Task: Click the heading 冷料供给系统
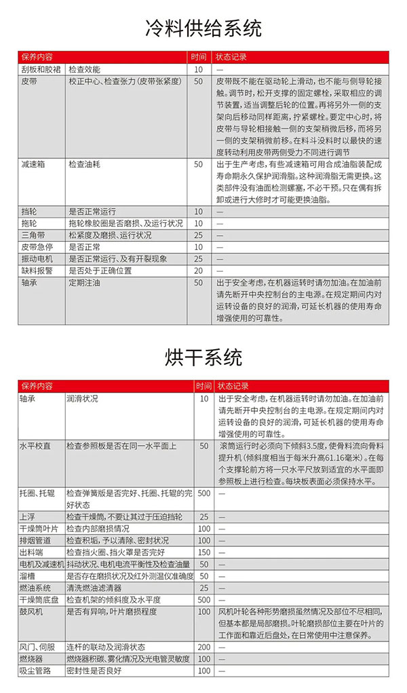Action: pyautogui.click(x=203, y=29)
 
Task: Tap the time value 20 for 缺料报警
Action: pyautogui.click(x=199, y=270)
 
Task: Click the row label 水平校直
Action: pyautogui.click(x=34, y=446)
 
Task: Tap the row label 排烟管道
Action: pyautogui.click(x=34, y=540)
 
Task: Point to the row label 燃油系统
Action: pyautogui.click(x=34, y=587)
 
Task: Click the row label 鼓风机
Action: pyautogui.click(x=31, y=611)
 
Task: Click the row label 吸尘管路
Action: pyautogui.click(x=34, y=671)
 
